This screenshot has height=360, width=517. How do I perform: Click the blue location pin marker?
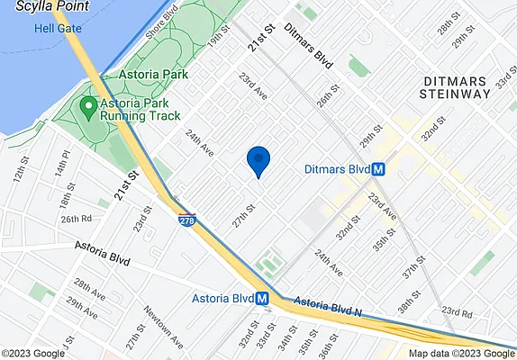258,161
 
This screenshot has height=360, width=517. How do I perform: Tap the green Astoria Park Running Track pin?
87,109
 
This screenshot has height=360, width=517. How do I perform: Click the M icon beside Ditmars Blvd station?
379,169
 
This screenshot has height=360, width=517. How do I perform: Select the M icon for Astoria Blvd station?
262,299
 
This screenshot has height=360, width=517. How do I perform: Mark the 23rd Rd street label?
458,313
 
